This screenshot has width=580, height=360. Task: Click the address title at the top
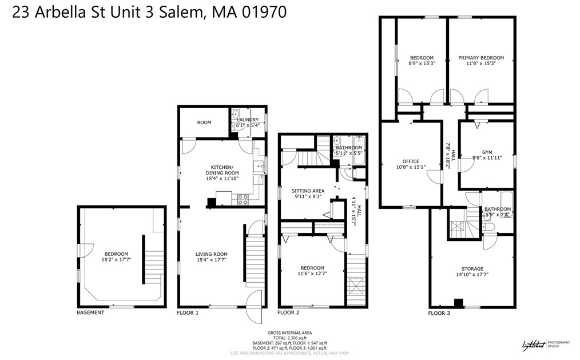tap(150, 12)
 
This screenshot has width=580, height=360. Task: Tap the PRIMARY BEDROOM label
tap(480, 58)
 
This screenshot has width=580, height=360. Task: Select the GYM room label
tap(487, 152)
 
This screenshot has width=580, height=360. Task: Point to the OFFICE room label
tap(411, 161)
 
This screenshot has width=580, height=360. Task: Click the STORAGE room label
tap(472, 268)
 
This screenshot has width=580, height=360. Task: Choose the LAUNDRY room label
tap(248, 120)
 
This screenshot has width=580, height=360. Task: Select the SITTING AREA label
tap(308, 191)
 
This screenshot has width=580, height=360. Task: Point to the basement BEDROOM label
tap(116, 254)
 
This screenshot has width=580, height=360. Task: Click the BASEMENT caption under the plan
tap(90, 312)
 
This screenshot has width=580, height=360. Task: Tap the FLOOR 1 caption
tap(188, 312)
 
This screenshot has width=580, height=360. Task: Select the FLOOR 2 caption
tap(288, 312)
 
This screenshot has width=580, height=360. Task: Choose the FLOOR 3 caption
tap(439, 313)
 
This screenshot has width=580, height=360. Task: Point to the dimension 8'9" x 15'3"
tap(422, 64)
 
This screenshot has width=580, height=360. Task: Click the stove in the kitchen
tap(243, 199)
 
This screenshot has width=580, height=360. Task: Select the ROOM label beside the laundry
tap(204, 122)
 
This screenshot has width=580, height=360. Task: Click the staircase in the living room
tap(254, 258)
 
